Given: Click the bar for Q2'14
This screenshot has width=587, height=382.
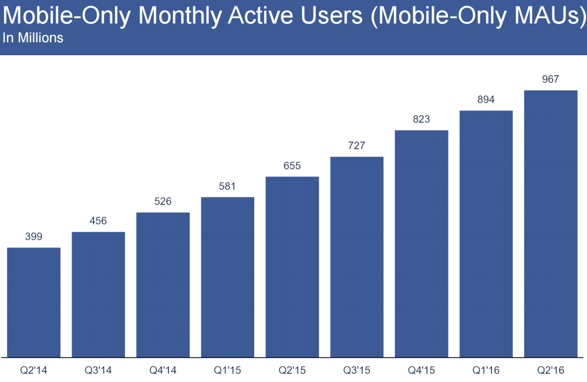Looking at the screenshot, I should [x=33, y=302].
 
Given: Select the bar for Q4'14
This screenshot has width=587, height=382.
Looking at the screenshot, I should [x=163, y=284].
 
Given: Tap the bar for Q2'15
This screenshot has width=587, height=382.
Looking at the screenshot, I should [x=292, y=267].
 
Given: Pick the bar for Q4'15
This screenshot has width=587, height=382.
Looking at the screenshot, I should [x=421, y=243].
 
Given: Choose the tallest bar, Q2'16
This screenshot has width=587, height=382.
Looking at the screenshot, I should [x=551, y=223].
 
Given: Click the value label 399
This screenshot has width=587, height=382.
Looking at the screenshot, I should [x=33, y=237].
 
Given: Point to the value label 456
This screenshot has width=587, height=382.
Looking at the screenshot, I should [x=98, y=221].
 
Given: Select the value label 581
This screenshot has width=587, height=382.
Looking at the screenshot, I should [x=227, y=186].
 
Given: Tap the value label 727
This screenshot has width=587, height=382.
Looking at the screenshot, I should [x=357, y=146].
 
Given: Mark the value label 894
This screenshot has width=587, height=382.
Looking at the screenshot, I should [x=486, y=99].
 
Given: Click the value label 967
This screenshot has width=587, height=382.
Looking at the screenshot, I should [x=551, y=79].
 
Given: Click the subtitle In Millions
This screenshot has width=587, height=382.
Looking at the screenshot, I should [x=33, y=39].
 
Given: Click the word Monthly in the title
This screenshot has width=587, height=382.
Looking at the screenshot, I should [x=186, y=16].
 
